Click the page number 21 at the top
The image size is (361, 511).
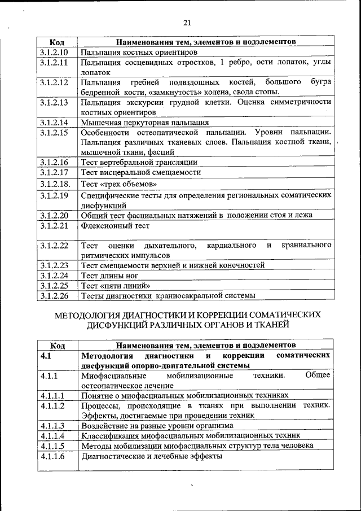click(x=187, y=23)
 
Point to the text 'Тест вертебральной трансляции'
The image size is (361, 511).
click(x=139, y=162)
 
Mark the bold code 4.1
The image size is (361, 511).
click(x=46, y=356)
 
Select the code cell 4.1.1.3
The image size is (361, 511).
click(x=52, y=425)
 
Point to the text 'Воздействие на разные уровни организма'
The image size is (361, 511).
click(x=157, y=425)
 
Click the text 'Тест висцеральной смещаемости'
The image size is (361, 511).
click(x=141, y=172)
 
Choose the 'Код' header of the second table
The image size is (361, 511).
click(x=57, y=345)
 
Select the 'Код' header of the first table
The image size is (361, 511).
click(x=57, y=42)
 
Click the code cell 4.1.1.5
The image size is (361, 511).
click(x=52, y=446)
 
